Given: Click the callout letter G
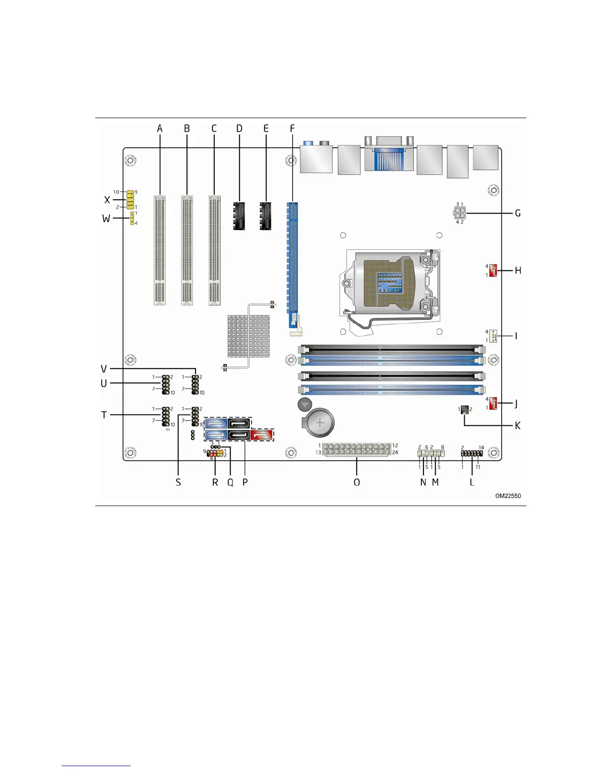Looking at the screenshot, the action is [x=518, y=213].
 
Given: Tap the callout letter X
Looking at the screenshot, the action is [x=107, y=200].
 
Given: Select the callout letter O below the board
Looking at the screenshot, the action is [x=357, y=482].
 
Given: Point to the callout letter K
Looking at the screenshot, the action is [x=518, y=425].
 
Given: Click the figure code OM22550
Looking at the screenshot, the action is [x=508, y=496].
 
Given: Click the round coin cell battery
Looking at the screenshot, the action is [x=320, y=423].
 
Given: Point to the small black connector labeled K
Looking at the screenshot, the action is [x=464, y=410].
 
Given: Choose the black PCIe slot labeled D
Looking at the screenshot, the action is [x=239, y=215].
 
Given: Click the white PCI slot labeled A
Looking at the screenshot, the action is [x=159, y=250].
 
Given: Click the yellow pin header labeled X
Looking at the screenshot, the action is [x=130, y=200].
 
